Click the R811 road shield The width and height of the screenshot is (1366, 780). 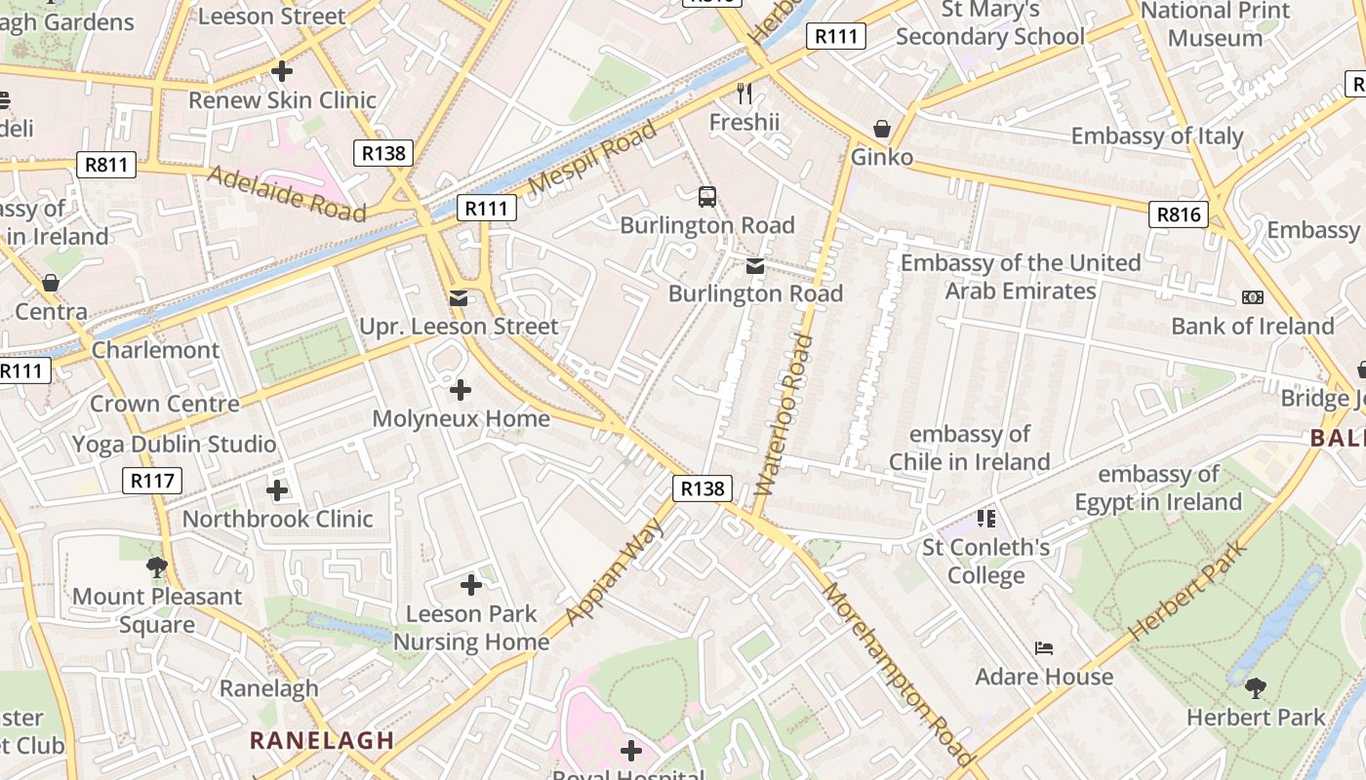point(106,165)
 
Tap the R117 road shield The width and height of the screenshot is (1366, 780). point(153,480)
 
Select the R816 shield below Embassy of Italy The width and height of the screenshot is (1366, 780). point(1179,214)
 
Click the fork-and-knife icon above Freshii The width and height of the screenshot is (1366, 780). point(744,94)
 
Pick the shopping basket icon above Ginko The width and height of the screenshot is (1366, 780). point(882,129)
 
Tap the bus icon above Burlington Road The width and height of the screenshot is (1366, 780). point(707,197)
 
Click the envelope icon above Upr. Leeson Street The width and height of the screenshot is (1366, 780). point(459,298)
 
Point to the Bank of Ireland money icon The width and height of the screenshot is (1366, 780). point(1252,297)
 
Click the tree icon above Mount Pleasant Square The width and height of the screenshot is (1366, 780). point(156,567)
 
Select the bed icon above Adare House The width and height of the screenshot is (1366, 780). point(1044,648)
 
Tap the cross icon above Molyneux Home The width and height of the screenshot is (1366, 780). point(461,391)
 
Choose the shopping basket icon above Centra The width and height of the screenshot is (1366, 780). point(51,284)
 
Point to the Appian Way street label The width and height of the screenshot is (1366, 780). point(614,571)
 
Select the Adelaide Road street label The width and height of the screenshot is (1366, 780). point(287,192)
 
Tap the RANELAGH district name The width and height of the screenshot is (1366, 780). point(322,740)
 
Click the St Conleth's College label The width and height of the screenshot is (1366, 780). point(986,561)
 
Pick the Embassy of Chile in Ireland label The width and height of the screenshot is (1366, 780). point(969,448)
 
